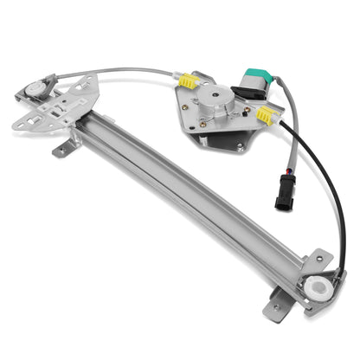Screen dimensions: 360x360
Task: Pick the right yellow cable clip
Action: pyautogui.click(x=265, y=114)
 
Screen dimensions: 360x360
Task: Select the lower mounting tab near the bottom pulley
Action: pyautogui.click(x=276, y=304)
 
